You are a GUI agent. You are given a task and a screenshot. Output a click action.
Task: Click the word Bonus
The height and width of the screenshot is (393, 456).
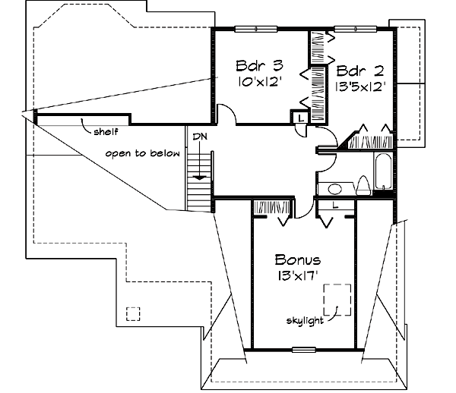[x=298, y=260]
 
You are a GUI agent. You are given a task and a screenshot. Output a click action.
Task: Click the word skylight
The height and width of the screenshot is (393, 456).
[x=304, y=320]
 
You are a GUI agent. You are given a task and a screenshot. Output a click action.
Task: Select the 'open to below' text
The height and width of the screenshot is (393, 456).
[x=142, y=153]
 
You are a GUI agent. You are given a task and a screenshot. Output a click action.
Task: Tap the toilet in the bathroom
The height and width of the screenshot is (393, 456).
[x=363, y=185]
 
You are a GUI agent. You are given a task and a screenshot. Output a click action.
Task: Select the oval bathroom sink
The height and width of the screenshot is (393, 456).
[x=334, y=189]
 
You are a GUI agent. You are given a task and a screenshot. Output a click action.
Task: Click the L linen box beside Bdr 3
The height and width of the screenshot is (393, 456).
[x=300, y=118]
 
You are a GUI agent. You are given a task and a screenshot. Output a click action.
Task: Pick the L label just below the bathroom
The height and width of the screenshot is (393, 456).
[x=335, y=204]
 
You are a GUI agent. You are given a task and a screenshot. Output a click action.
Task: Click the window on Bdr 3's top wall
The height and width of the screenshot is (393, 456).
[x=254, y=29]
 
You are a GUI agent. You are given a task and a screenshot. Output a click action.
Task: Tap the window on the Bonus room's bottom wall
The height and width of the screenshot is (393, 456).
[x=303, y=350]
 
